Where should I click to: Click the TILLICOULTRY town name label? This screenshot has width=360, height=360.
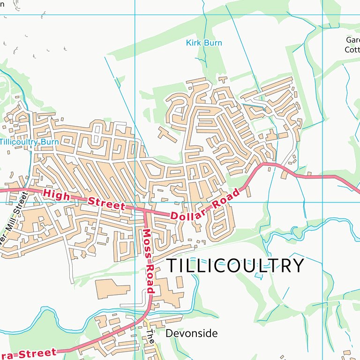(235, 265)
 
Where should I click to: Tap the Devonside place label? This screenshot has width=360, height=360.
(192, 333)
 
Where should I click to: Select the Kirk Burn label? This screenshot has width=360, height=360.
(204, 43)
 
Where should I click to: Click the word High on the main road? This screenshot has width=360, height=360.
(56, 194)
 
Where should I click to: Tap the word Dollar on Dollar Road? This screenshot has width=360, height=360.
(189, 215)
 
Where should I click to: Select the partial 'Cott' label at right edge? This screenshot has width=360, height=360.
(352, 49)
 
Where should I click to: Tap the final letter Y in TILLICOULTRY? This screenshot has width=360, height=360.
(298, 265)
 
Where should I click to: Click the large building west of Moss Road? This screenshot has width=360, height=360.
(112, 289)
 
